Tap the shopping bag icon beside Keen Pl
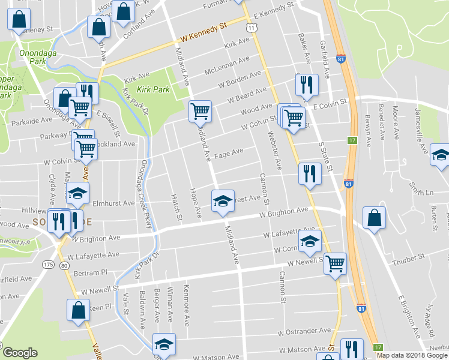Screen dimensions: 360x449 78,310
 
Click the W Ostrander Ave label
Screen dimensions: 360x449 304,331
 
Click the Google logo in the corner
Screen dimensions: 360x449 20,353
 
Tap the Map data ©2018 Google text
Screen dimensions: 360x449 412,355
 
